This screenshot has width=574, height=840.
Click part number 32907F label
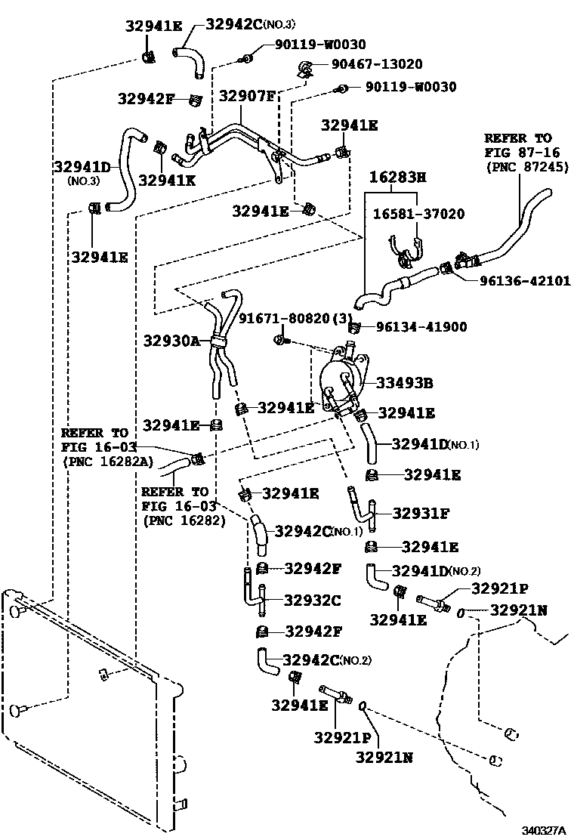point(247,96)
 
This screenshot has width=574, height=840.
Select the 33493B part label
point(406,384)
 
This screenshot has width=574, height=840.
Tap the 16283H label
point(398,178)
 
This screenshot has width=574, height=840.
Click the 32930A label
point(171,341)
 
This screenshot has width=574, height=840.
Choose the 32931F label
point(421,514)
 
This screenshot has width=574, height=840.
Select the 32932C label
point(312,601)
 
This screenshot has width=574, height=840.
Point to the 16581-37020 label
point(418,215)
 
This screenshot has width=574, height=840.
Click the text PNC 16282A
point(100,461)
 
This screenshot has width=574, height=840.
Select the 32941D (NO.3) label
point(82,168)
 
